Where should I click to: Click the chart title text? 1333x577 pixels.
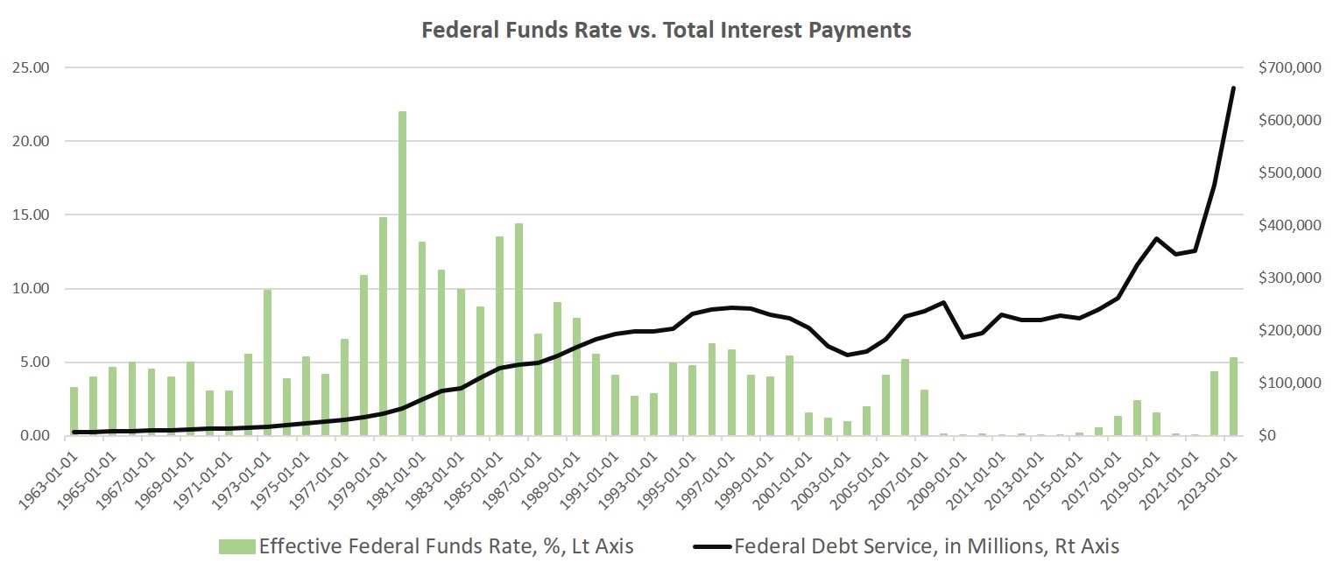coord(666,30)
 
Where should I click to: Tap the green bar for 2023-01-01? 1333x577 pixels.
coord(1233,397)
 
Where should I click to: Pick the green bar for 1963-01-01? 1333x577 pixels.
coord(74,412)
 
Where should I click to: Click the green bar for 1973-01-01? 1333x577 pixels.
coord(267,362)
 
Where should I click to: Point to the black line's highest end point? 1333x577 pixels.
coord(1233,88)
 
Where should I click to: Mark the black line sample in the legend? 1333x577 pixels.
coord(712,547)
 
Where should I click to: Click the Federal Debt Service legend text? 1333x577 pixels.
coord(927,547)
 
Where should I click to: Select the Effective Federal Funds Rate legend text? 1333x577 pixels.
coord(446,547)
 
